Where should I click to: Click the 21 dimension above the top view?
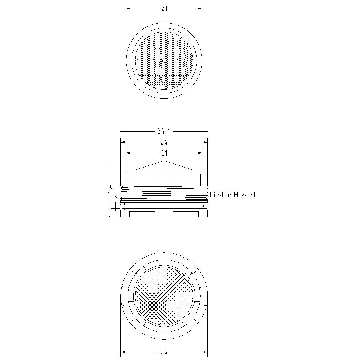[x=164, y=8]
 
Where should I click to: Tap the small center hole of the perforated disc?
[x=164, y=61]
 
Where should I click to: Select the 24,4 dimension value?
[x=164, y=132]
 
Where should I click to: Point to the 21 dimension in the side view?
[x=164, y=153]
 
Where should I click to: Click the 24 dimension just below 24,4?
[x=164, y=143]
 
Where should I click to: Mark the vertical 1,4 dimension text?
[x=115, y=197]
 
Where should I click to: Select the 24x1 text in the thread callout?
[x=248, y=195]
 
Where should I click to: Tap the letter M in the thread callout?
[x=236, y=195]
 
